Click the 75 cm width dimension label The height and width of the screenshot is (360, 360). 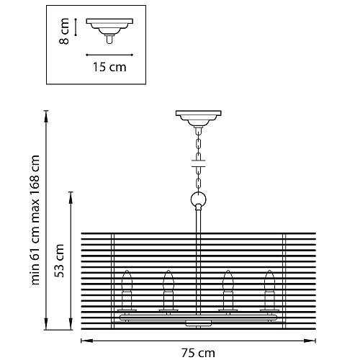pyautogui.click(x=198, y=353)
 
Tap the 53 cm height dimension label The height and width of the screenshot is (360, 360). pyautogui.click(x=59, y=261)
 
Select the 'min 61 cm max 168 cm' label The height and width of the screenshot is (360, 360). pyautogui.click(x=35, y=220)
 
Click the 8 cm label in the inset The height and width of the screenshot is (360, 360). pyautogui.click(x=64, y=31)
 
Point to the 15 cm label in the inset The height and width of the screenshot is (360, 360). pyautogui.click(x=109, y=67)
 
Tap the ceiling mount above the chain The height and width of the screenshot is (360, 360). pyautogui.click(x=199, y=118)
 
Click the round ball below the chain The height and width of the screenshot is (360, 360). pyautogui.click(x=199, y=199)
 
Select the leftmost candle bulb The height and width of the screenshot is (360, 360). pyautogui.click(x=127, y=281)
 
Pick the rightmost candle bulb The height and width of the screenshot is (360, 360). pyautogui.click(x=269, y=281)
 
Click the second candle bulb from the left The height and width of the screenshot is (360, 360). pyautogui.click(x=168, y=281)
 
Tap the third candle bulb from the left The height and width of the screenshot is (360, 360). pyautogui.click(x=228, y=281)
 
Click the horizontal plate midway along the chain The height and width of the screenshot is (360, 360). pyautogui.click(x=198, y=163)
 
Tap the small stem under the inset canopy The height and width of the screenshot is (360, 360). pyautogui.click(x=109, y=40)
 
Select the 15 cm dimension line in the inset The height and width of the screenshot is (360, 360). pyautogui.click(x=109, y=55)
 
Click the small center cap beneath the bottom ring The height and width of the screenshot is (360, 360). pyautogui.click(x=199, y=323)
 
